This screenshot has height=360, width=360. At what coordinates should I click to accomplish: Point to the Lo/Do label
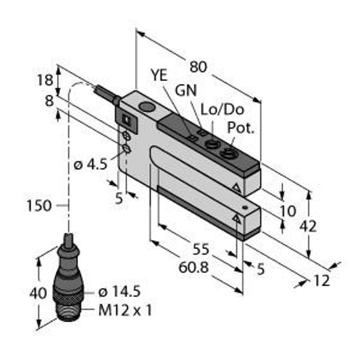(214, 109)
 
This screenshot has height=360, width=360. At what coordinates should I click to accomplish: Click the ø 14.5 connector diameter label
(119, 292)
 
